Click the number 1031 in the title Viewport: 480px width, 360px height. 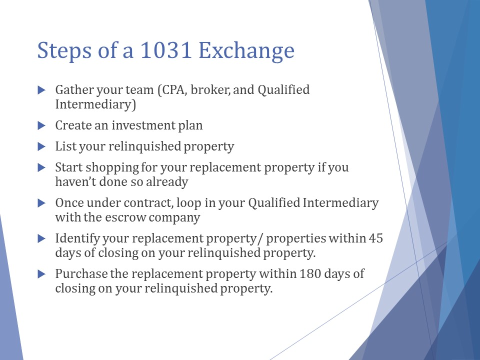tap(166, 50)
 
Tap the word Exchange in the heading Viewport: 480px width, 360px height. tap(246, 51)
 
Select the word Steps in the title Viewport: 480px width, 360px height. tap(64, 51)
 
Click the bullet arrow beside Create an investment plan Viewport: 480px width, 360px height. tap(41, 125)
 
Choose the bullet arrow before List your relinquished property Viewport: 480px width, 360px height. tap(41, 146)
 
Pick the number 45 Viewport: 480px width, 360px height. tap(375, 238)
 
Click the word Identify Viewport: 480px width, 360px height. tap(77, 239)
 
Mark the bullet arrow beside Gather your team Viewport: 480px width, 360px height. tap(41, 90)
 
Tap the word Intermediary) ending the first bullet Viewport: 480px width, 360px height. tap(95, 104)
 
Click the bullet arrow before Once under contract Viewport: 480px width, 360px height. tap(41, 203)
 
